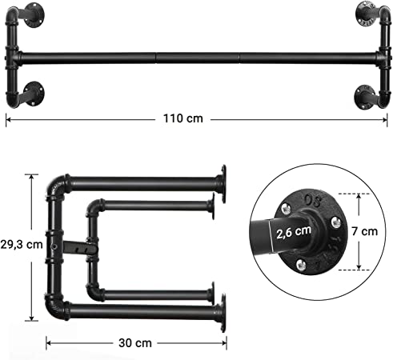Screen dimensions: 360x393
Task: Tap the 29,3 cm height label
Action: tap(22, 245)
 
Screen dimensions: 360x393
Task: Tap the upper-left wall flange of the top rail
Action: tap(33, 13)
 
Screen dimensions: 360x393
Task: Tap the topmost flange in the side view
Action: tap(220, 181)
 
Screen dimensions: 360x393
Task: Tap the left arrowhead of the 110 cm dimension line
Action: tap(8, 118)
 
